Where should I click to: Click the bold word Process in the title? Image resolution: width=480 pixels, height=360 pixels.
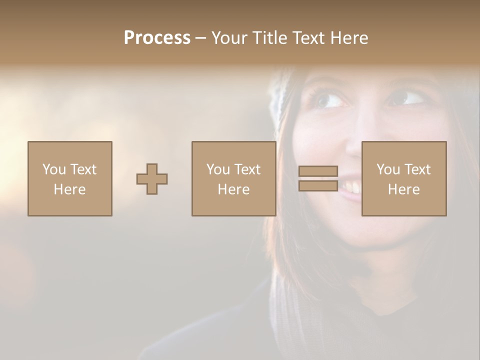tap(157, 38)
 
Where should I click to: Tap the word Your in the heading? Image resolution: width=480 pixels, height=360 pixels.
tap(229, 38)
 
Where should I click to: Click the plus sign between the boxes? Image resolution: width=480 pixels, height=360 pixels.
tap(152, 179)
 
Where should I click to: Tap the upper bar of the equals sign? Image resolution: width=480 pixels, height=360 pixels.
tap(318, 171)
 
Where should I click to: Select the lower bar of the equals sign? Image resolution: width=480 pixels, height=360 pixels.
tap(318, 185)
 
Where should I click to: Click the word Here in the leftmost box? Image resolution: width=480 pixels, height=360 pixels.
tap(69, 189)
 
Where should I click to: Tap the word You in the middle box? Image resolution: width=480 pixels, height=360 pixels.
tap(218, 169)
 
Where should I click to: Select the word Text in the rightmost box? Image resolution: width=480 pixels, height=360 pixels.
tap(418, 169)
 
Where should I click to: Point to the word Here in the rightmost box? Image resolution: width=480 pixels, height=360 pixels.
tap(404, 189)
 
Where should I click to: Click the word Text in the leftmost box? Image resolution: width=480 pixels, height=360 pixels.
tap(83, 169)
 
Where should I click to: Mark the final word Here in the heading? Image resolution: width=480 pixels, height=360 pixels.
tap(350, 38)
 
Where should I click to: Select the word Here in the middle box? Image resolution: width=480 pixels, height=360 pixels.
tap(233, 189)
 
